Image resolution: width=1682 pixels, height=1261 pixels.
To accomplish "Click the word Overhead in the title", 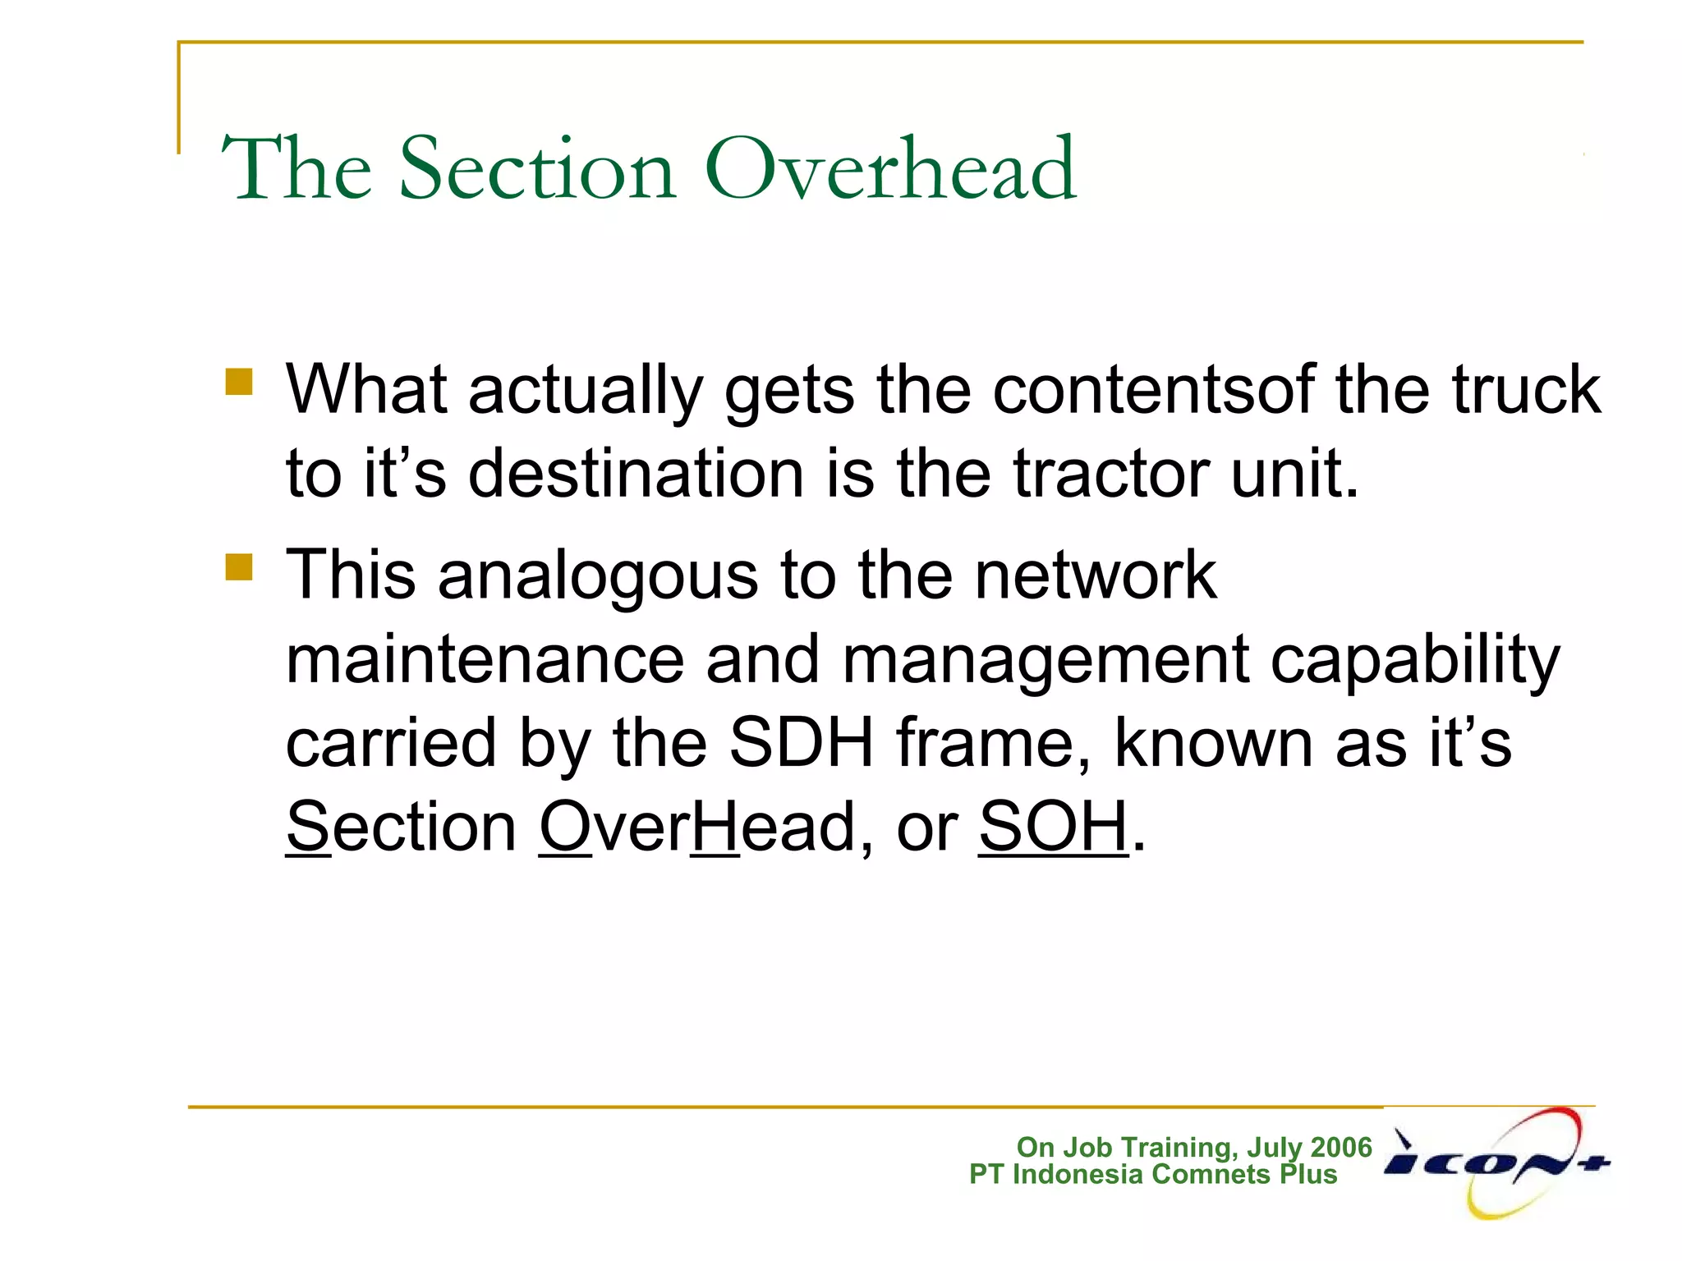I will point(890,169).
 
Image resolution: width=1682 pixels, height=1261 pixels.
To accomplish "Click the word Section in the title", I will point(538,169).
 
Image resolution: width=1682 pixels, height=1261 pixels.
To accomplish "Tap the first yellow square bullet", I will point(239,382).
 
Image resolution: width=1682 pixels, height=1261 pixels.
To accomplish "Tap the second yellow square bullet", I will point(239,566).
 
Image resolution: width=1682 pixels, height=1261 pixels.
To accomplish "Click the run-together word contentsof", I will point(1153,389).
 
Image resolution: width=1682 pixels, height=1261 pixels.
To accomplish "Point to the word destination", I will point(636,474).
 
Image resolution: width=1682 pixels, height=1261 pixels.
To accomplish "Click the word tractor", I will point(1110,474).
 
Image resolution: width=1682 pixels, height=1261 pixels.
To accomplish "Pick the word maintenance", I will point(485,659).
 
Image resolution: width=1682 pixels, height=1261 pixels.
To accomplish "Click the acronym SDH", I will point(802,743).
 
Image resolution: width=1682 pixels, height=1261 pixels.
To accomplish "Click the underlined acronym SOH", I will point(1053,827).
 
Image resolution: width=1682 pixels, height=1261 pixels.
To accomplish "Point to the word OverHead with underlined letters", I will point(696,827).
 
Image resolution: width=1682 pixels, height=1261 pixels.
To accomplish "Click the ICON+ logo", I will point(1497,1162).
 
